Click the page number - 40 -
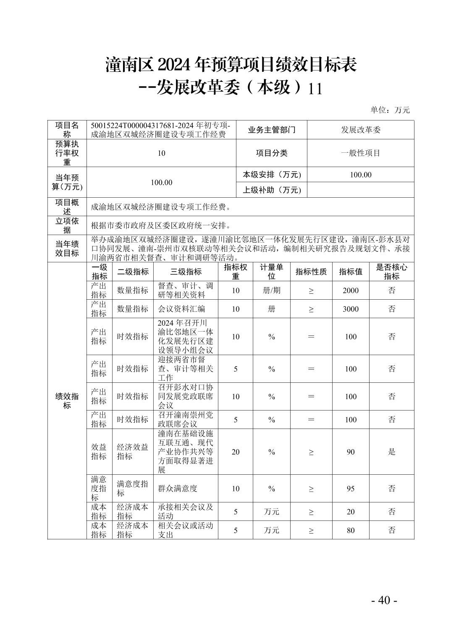[x=384, y=600]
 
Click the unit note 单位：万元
[x=390, y=110]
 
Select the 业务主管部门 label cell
[x=272, y=130]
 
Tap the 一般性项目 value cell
[x=360, y=153]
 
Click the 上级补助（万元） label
[x=272, y=190]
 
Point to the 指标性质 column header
[x=311, y=272]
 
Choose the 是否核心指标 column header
[x=391, y=272]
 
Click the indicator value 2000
[x=351, y=290]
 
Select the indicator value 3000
[x=351, y=309]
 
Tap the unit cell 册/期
[x=272, y=290]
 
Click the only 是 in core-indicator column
[x=391, y=452]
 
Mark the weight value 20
[x=236, y=452]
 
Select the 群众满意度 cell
[x=178, y=489]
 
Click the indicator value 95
[x=351, y=489]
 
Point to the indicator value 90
[x=351, y=452]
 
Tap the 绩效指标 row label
[x=67, y=401]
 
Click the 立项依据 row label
[x=67, y=225]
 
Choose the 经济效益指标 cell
[x=133, y=452]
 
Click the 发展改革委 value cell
[x=360, y=130]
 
